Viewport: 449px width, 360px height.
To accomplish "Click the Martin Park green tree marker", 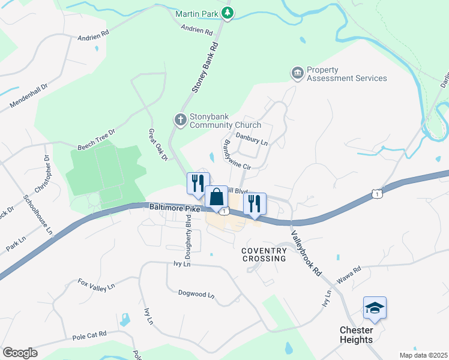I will tap(227, 13).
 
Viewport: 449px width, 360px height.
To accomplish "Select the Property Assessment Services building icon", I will tap(297, 73).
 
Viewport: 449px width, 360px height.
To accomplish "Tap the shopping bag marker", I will tap(216, 197).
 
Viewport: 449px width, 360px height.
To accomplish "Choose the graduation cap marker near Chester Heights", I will tap(375, 308).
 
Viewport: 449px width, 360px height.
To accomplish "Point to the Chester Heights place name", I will tap(357, 335).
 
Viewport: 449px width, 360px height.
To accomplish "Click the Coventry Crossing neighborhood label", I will tap(264, 254).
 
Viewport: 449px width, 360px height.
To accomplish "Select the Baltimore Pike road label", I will tap(174, 208).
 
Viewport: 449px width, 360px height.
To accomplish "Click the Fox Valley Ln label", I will tap(96, 284).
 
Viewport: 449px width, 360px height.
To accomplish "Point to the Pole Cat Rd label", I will tap(89, 335).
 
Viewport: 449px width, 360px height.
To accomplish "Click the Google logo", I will tap(20, 353).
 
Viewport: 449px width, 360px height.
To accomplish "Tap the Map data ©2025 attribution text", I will tap(423, 355).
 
